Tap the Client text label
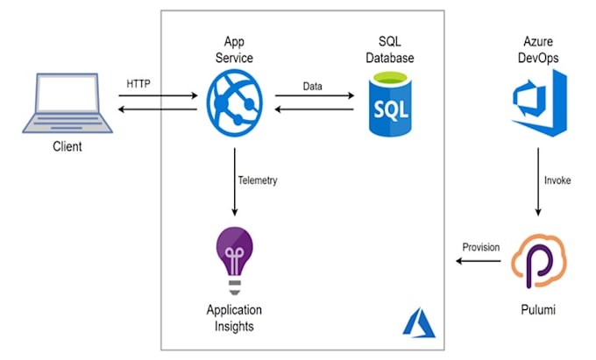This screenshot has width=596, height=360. coord(66,146)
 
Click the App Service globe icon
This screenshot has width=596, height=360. coord(234,99)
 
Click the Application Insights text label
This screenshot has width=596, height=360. coord(234,318)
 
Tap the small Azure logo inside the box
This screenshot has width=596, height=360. coord(418,322)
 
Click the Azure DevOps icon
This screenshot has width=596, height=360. coord(537,104)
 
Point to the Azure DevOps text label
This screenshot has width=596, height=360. coord(537,49)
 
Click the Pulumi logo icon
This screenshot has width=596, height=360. coord(536,259)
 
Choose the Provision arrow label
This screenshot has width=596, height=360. coord(480,248)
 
